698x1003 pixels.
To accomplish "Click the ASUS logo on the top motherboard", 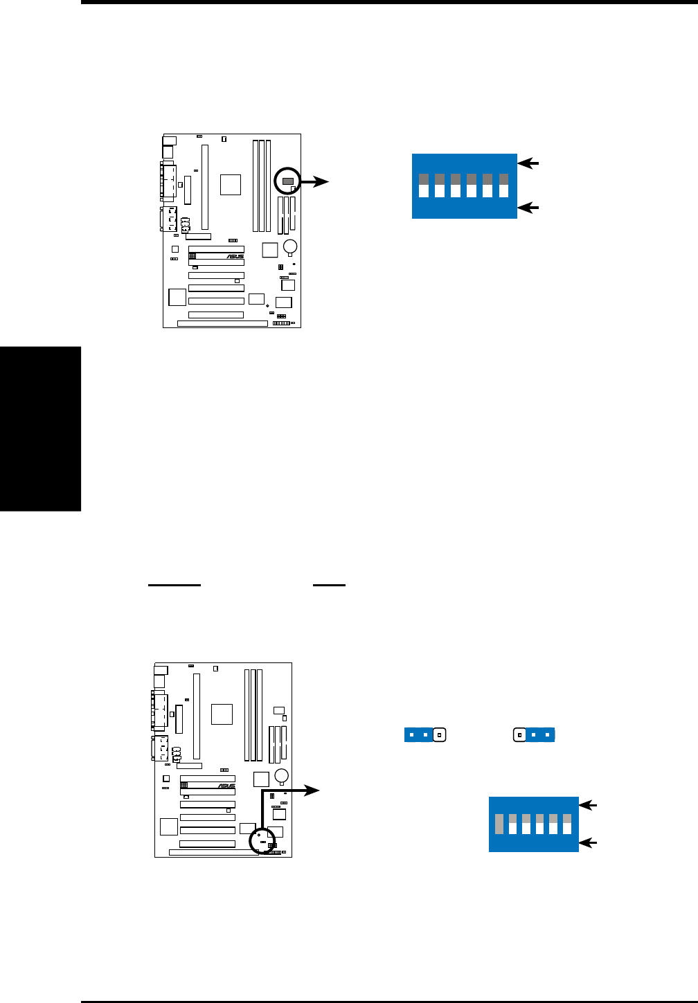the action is tap(235, 256).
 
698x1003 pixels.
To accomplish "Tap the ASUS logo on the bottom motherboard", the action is tap(226, 786).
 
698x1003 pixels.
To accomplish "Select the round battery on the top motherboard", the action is tap(292, 246).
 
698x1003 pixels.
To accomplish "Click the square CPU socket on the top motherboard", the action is tap(231, 185).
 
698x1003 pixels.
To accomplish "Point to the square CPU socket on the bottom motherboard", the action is tap(222, 714).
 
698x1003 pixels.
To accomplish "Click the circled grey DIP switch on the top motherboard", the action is tap(287, 181).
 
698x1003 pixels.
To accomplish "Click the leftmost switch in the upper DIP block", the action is tap(424, 186).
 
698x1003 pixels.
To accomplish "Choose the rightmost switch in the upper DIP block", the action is tap(503, 186).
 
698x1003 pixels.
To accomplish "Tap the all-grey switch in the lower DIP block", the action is tap(499, 824).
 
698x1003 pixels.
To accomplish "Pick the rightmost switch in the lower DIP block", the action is tap(567, 824).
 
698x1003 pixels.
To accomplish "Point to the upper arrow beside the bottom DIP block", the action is tap(587, 805).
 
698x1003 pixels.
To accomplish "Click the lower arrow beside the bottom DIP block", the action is tap(587, 842).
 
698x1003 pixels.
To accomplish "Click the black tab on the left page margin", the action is tap(40, 428).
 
